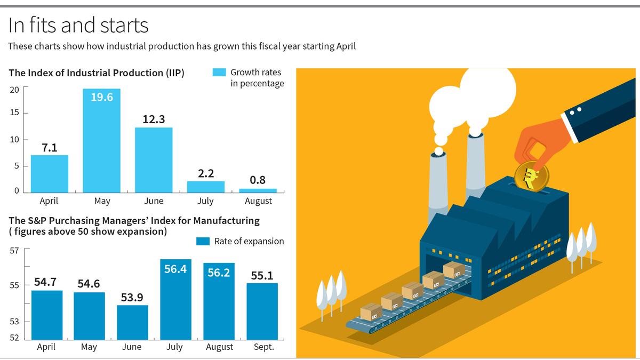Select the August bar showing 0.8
click(x=258, y=190)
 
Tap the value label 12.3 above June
click(x=154, y=119)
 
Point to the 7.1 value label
click(x=50, y=148)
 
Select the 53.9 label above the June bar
click(x=132, y=297)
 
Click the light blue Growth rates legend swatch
click(x=219, y=73)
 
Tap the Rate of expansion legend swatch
click(x=203, y=241)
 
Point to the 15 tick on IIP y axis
click(x=14, y=113)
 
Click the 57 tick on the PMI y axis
click(x=14, y=250)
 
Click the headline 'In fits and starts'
click(x=78, y=25)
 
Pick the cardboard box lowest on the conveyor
click(x=371, y=311)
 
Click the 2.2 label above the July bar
click(x=205, y=173)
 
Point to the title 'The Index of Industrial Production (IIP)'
click(x=97, y=73)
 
